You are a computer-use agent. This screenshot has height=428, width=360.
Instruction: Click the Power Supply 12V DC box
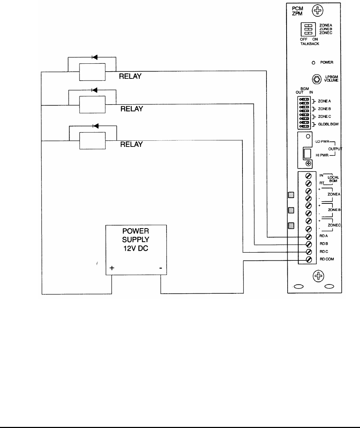[136, 250]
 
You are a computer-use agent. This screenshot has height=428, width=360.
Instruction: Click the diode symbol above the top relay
[94, 57]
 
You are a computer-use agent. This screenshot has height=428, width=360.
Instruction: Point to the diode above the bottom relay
[95, 126]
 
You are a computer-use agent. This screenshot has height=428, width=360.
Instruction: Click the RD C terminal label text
[324, 252]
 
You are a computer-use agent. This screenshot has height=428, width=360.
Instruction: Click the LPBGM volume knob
[316, 79]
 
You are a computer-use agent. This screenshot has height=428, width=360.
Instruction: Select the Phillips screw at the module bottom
[317, 276]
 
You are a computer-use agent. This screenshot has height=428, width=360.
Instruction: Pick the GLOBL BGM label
[328, 124]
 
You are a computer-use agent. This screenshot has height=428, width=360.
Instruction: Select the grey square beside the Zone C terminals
[292, 226]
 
